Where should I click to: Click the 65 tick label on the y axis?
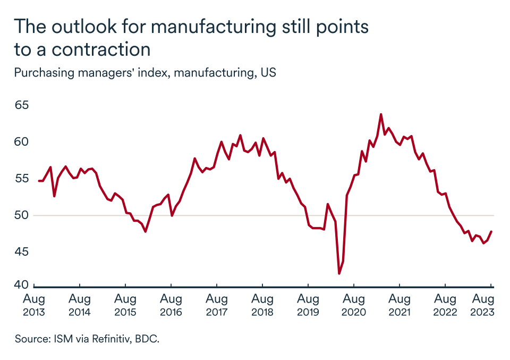coord(21,105)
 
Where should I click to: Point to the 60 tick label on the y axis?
coord(21,142)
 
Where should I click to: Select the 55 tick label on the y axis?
coord(21,179)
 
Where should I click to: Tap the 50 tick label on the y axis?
coord(21,215)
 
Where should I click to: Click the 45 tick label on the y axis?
coord(21,252)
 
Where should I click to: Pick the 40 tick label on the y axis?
coord(21,286)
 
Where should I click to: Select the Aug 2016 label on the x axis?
coord(171,305)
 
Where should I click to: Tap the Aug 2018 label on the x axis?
coord(262,305)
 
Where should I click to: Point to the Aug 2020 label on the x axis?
coord(353,305)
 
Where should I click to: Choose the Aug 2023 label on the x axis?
coord(483,305)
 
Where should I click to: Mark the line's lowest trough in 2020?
coord(339,273)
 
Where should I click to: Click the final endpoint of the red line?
coord(490,231)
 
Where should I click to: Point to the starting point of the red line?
coord(39,181)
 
